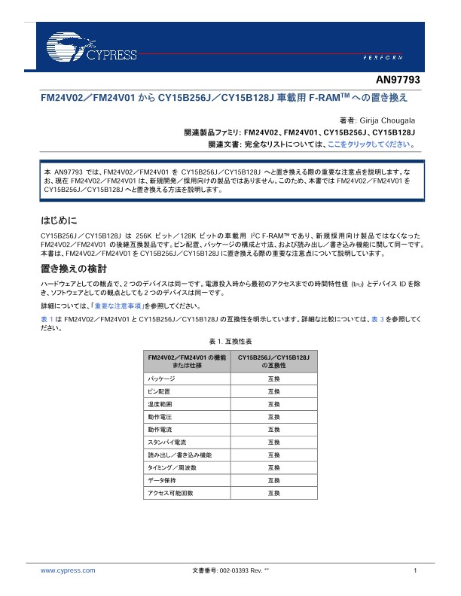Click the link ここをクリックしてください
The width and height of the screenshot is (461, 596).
tap(374, 143)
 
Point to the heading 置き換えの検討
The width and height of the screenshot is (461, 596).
tap(73, 268)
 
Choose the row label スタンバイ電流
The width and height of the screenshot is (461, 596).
tap(167, 442)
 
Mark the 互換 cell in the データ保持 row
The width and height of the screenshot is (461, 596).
tap(274, 480)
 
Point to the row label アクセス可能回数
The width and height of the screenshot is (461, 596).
tap(171, 493)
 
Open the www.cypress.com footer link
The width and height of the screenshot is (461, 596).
tap(68, 571)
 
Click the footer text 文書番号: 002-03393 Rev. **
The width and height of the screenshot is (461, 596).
tap(230, 571)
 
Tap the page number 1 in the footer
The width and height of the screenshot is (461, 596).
tap(415, 571)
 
